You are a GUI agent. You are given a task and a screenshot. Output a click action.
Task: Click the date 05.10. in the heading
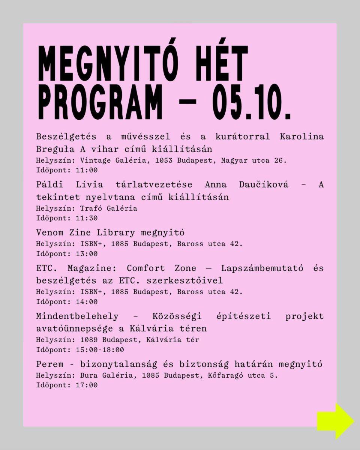pyautogui.click(x=252, y=102)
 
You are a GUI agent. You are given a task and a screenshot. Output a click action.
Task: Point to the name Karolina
pyautogui.click(x=301, y=136)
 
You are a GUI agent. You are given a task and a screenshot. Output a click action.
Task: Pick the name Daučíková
pyautogui.click(x=264, y=185)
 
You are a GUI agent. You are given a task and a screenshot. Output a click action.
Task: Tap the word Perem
pyautogui.click(x=48, y=364)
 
